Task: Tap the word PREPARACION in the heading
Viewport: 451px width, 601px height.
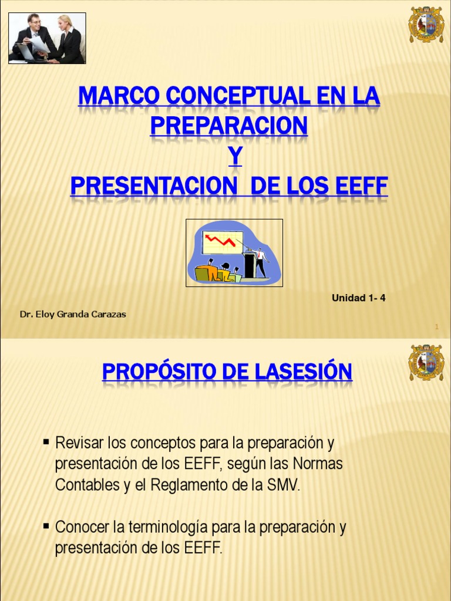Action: [228, 126]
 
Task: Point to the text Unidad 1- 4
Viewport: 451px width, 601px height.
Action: [358, 298]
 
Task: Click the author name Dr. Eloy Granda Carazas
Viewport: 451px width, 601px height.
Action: [73, 314]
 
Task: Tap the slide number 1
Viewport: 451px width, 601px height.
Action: [437, 326]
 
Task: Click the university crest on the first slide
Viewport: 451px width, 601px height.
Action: [426, 25]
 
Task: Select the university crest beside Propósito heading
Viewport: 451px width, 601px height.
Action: [426, 363]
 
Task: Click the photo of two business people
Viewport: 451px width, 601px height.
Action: [47, 38]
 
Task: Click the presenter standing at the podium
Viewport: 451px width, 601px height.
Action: [260, 262]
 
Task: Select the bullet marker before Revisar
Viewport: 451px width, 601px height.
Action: [46, 441]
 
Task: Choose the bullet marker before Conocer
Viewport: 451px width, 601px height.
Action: [46, 526]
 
